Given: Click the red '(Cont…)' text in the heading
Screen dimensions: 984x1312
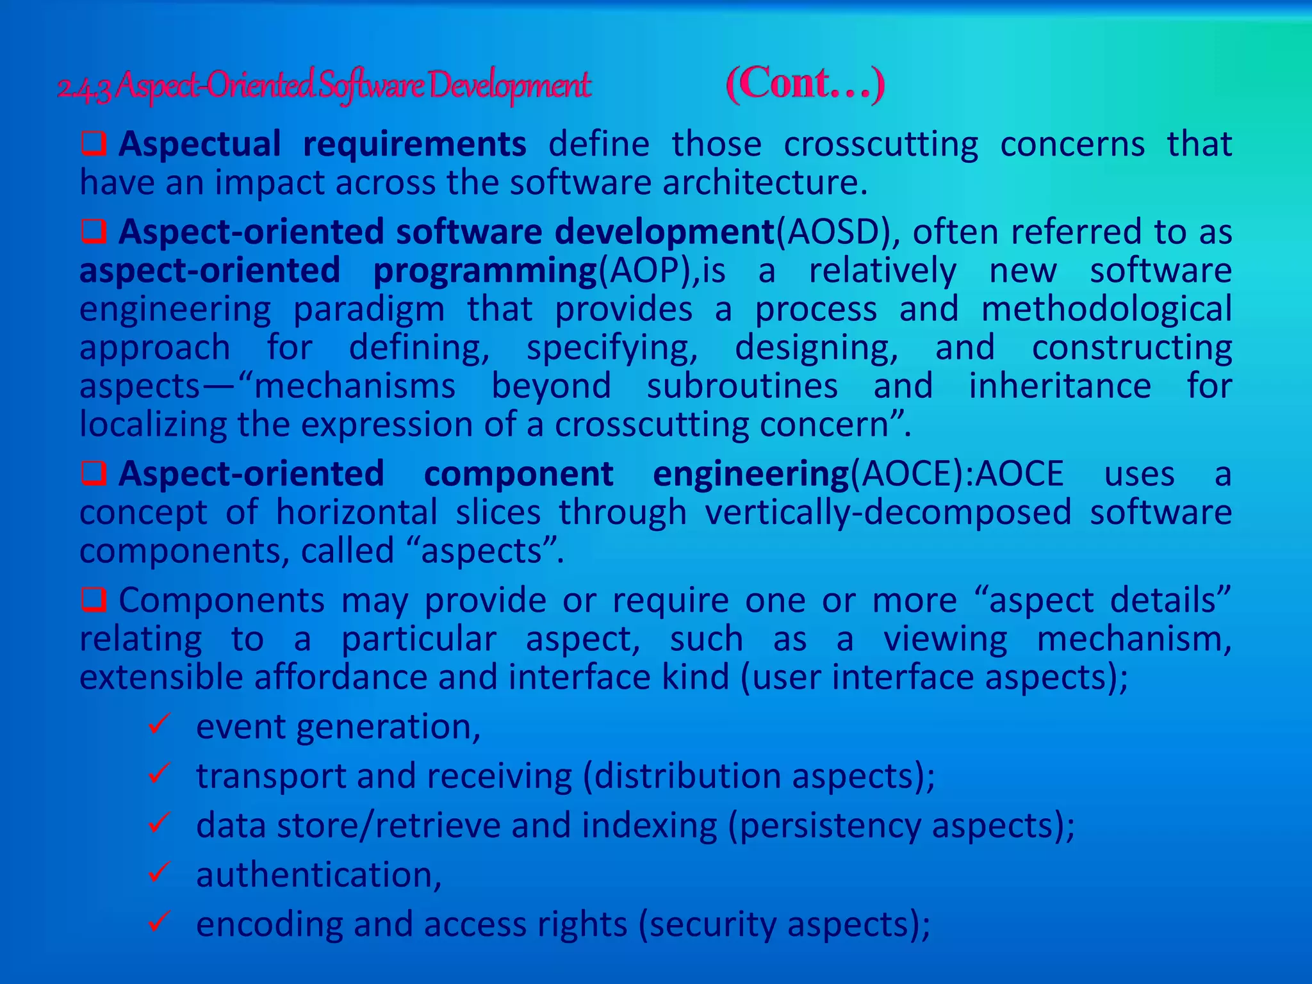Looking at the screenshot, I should (805, 84).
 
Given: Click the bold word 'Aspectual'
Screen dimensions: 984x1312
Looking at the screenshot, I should (199, 143).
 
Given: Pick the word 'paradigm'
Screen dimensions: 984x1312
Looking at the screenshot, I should (369, 309).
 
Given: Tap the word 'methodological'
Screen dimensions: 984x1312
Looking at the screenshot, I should (1106, 309).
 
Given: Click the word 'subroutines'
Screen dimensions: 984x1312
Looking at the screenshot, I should (742, 386).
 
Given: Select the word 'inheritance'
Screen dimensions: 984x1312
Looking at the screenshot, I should (1060, 386).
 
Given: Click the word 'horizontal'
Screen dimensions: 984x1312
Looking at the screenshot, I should (357, 512).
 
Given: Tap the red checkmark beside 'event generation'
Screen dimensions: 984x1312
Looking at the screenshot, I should (158, 725).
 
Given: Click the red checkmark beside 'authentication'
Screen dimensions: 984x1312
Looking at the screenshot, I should (158, 872).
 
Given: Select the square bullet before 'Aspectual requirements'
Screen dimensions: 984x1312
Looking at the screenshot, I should (94, 143).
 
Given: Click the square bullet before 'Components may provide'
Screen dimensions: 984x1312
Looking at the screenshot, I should (94, 600).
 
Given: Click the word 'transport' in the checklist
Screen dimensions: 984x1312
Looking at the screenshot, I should (270, 776).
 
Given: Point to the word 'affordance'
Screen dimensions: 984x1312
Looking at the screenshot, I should (375, 678).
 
